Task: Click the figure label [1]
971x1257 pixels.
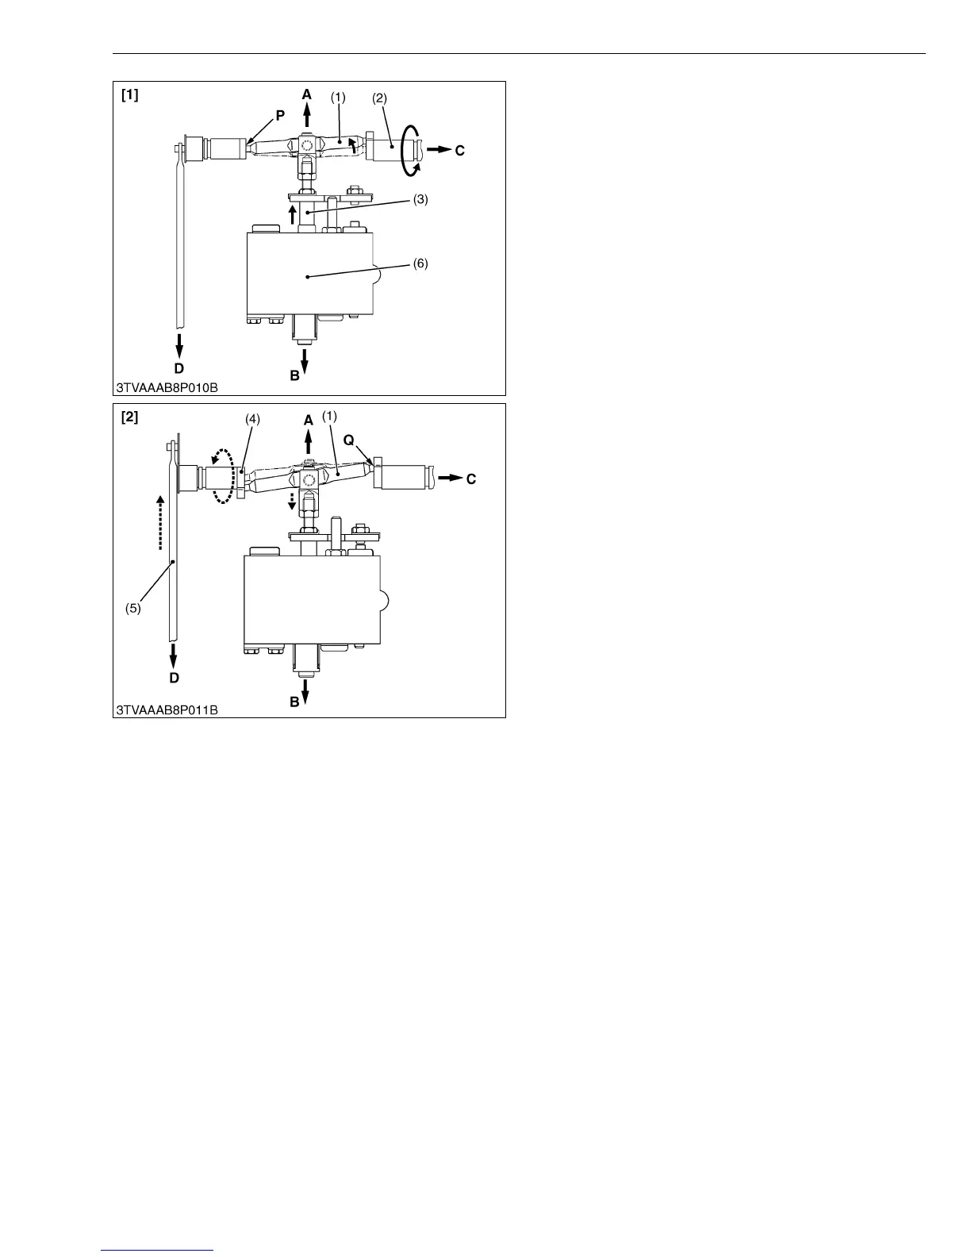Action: tap(129, 96)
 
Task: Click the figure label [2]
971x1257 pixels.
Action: tap(129, 417)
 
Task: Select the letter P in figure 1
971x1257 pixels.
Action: tap(279, 115)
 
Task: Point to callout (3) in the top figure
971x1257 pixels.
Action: tap(420, 200)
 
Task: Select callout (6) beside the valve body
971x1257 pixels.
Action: tap(420, 263)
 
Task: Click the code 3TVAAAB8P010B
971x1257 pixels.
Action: tap(167, 388)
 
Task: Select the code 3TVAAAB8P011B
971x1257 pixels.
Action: tap(167, 710)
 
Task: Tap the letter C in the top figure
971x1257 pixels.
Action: tap(459, 150)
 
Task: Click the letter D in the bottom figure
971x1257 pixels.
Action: tap(174, 678)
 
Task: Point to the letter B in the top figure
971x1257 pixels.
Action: tap(294, 376)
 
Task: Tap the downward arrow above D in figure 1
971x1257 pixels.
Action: tap(179, 346)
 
